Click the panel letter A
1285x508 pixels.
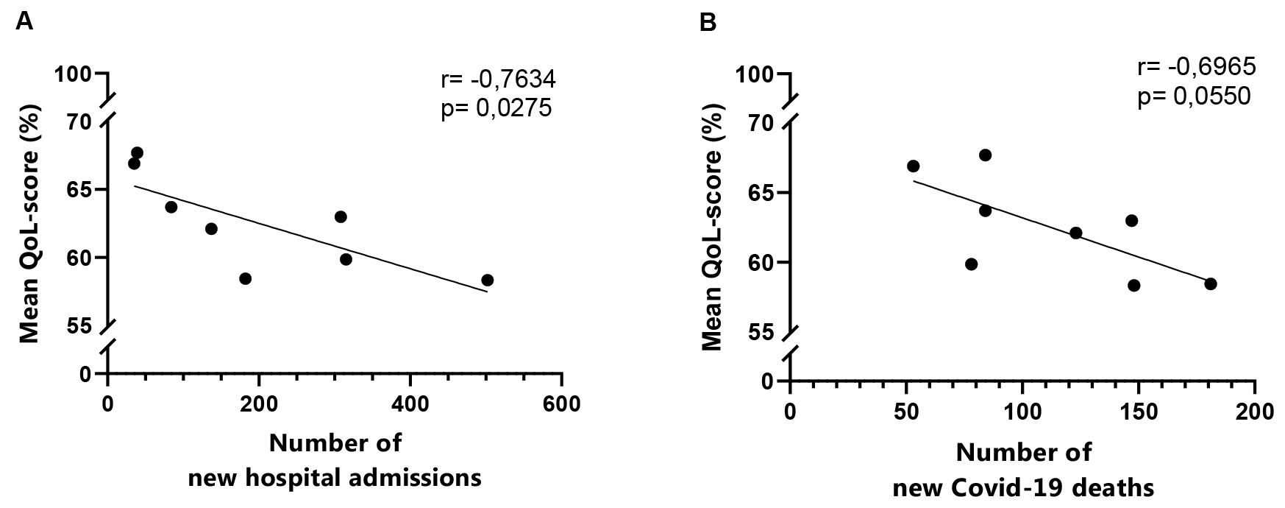pyautogui.click(x=24, y=23)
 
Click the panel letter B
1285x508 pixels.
pyautogui.click(x=708, y=23)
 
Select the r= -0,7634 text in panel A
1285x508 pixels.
pyautogui.click(x=497, y=77)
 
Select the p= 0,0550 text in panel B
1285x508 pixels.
pyautogui.click(x=1195, y=96)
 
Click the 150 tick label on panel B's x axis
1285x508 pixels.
pyautogui.click(x=1139, y=410)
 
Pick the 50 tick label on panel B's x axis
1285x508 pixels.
pyautogui.click(x=906, y=410)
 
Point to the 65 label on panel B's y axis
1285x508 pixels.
pyautogui.click(x=761, y=193)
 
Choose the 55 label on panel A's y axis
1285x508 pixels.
pyautogui.click(x=79, y=325)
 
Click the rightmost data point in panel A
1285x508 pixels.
pyautogui.click(x=487, y=280)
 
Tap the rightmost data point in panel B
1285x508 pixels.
pyautogui.click(x=1211, y=283)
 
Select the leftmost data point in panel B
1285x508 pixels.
pyautogui.click(x=913, y=166)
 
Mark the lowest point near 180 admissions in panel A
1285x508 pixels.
pyautogui.click(x=246, y=278)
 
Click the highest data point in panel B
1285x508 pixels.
pyautogui.click(x=985, y=155)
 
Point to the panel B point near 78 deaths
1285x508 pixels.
pyautogui.click(x=971, y=264)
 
